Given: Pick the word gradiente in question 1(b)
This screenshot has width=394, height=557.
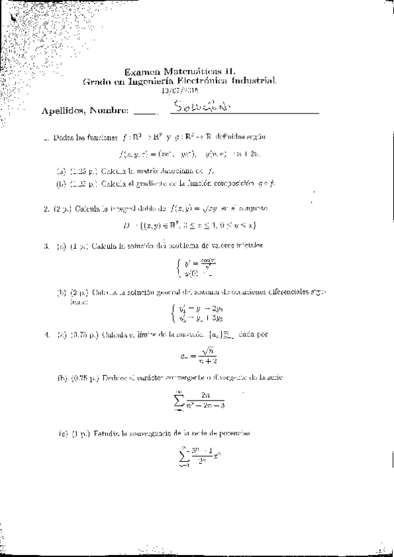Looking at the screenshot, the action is click(162, 183).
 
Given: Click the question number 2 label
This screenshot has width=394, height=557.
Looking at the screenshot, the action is click(46, 209).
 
